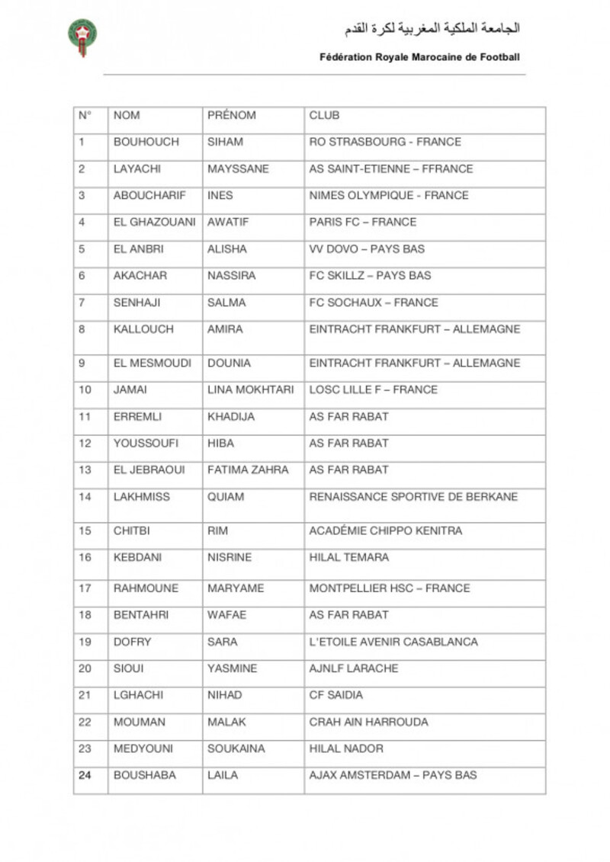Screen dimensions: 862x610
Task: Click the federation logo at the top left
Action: pos(82,37)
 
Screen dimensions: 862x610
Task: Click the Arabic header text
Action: pos(432,29)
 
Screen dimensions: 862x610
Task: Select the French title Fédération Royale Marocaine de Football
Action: pos(420,56)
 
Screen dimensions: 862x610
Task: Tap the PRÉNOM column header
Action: pos(232,116)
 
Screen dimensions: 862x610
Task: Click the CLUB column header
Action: pos(324,116)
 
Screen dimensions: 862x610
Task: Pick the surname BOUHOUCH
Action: pos(146,142)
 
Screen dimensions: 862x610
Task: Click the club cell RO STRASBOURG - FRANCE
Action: pos(385,142)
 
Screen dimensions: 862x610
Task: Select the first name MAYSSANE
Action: pos(238,169)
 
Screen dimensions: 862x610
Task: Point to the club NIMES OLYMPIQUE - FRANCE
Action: pos(389,196)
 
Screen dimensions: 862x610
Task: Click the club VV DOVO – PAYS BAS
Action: pos(367,249)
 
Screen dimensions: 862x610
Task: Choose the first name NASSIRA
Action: pos(232,276)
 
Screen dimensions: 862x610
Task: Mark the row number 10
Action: pos(85,390)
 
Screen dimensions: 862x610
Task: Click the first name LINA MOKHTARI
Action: pos(250,390)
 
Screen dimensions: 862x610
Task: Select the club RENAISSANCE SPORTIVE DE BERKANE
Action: pos(413,497)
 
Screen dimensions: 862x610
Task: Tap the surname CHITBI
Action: pos(132,531)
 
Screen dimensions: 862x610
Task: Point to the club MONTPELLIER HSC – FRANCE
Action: pos(390,588)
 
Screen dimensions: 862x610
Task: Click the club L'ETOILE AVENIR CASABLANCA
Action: pos(393,642)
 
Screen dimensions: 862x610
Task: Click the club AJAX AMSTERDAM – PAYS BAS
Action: pos(393,775)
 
